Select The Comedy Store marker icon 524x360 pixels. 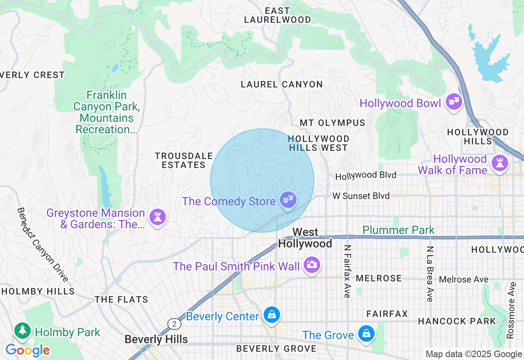tap(288, 200)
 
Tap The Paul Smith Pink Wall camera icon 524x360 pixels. tap(312, 264)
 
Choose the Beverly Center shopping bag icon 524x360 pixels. tap(271, 315)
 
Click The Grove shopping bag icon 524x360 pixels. tap(366, 333)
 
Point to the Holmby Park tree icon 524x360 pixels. tap(23, 330)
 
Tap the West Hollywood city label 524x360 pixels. tap(305, 238)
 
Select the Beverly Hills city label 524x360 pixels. tap(156, 340)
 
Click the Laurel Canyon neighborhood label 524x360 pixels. tap(282, 85)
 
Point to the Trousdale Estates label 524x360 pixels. tap(184, 160)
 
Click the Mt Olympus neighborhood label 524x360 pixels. tap(332, 123)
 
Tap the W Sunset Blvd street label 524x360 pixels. tap(361, 196)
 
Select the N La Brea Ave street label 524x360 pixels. tap(429, 274)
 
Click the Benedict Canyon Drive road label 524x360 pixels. tap(42, 244)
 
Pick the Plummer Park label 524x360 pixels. tap(398, 230)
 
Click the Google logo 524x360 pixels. tap(27, 350)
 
